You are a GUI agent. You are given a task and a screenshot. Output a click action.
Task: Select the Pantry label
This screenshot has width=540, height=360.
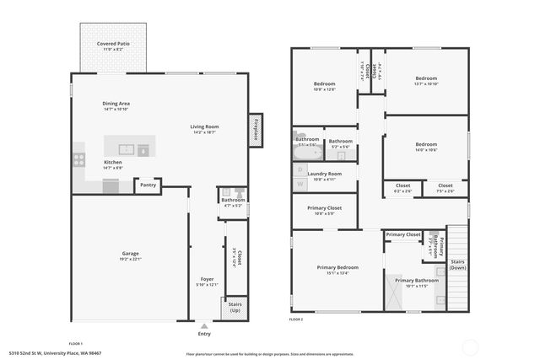[x=148, y=185]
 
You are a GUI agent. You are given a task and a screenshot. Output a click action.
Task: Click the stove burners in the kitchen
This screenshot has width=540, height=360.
[x=78, y=158]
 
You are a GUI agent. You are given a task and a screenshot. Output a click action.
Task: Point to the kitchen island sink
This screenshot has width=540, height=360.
[x=127, y=149]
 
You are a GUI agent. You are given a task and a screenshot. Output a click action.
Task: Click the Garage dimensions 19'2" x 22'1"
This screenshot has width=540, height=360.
[x=130, y=259]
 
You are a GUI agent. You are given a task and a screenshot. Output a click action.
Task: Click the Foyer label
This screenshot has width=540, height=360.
[x=208, y=278]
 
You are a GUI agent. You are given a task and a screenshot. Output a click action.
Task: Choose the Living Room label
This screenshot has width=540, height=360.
[x=205, y=126]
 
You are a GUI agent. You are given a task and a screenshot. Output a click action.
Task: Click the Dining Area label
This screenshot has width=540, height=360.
[x=116, y=103]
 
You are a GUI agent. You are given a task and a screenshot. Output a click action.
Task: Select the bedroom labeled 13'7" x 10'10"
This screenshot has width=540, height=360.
[x=425, y=78]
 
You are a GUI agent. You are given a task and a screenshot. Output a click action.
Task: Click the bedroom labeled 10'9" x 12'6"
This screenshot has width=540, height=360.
[x=325, y=83]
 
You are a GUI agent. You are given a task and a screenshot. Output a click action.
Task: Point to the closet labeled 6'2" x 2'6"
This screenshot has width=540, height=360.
[x=402, y=185]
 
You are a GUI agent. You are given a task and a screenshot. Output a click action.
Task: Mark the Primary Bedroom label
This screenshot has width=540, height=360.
[x=337, y=267]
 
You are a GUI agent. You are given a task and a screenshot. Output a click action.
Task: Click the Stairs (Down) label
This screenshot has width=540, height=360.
[x=457, y=264]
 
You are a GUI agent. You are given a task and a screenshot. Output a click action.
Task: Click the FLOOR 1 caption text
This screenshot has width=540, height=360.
[x=75, y=343]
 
